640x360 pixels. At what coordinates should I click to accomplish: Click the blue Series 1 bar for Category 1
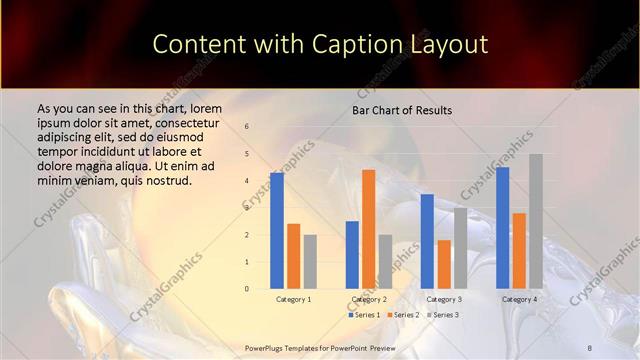pyautogui.click(x=277, y=230)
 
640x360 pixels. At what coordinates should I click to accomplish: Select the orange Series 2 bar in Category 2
pyautogui.click(x=369, y=229)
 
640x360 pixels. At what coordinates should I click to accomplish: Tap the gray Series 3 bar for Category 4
pyautogui.click(x=536, y=221)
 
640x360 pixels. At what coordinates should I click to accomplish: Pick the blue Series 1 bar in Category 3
pyautogui.click(x=427, y=241)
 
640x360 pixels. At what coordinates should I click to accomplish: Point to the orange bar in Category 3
pyautogui.click(x=444, y=264)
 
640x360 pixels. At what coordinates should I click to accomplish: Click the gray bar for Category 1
pyautogui.click(x=310, y=262)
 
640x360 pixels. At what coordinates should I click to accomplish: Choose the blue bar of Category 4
pyautogui.click(x=502, y=228)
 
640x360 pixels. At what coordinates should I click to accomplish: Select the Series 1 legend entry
pyautogui.click(x=365, y=315)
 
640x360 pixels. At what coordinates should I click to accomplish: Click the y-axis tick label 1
pyautogui.click(x=246, y=262)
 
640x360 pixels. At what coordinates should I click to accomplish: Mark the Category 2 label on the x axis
pyautogui.click(x=369, y=299)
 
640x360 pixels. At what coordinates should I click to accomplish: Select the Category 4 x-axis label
pyautogui.click(x=519, y=299)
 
